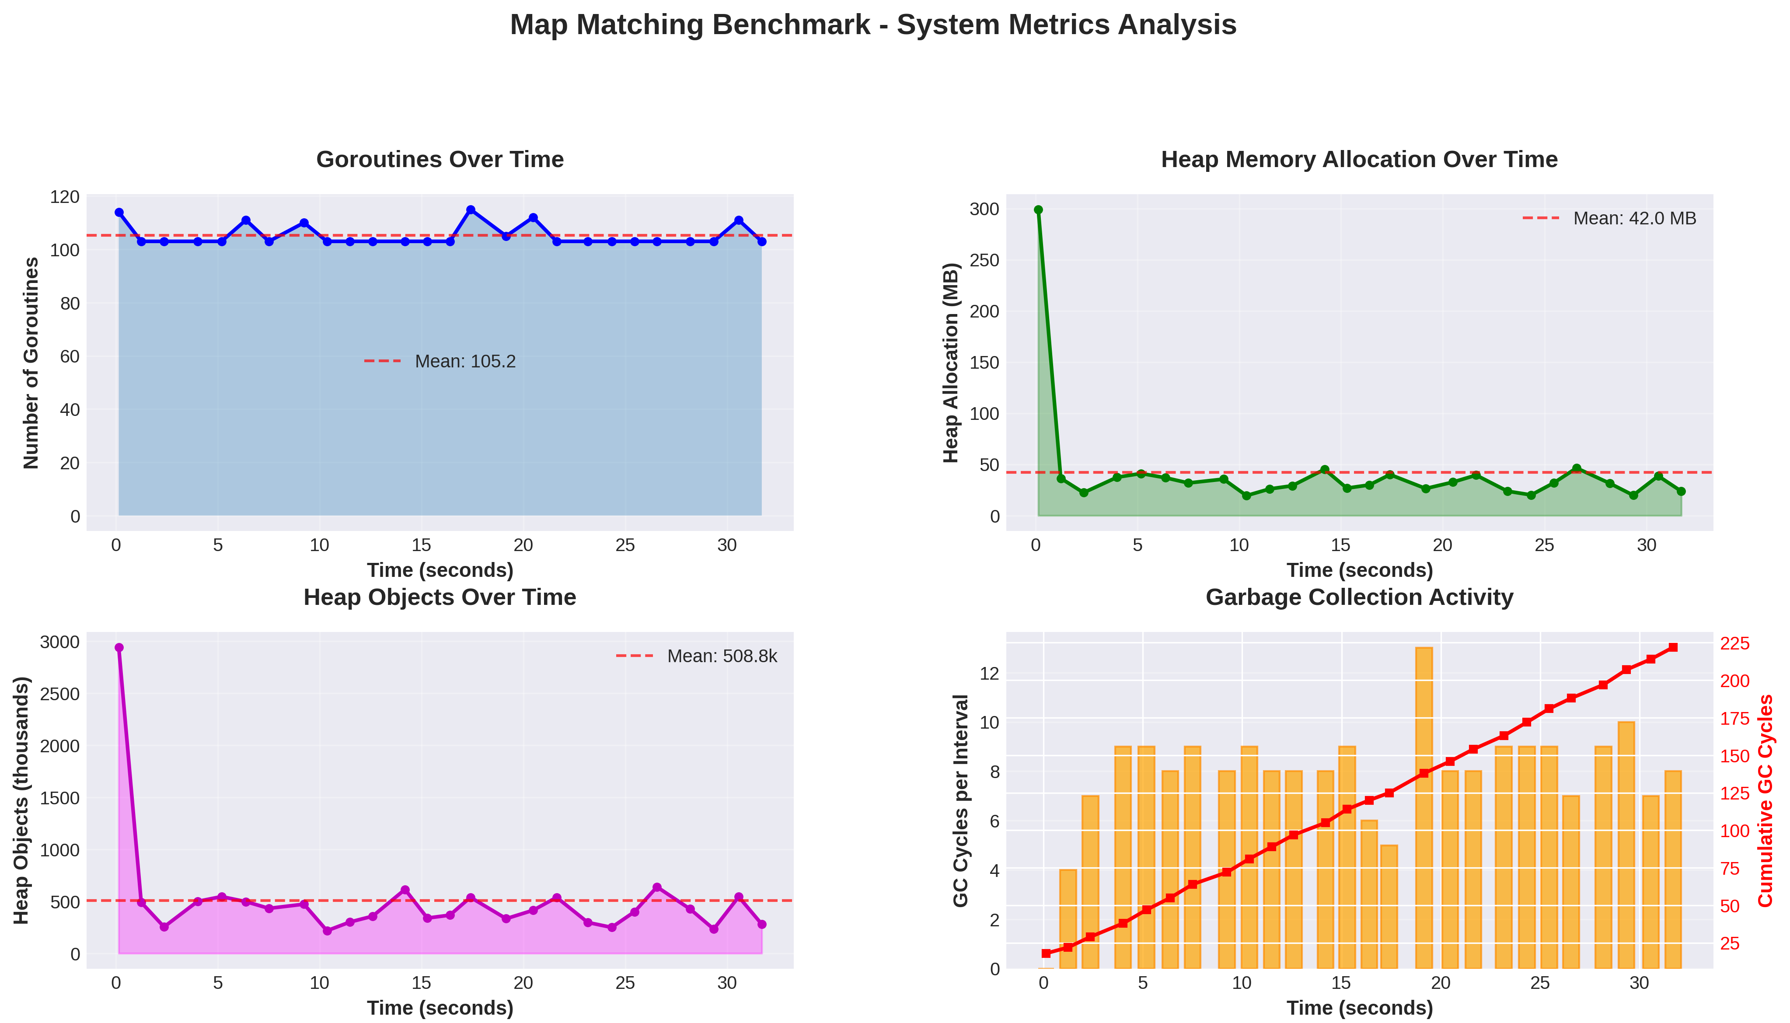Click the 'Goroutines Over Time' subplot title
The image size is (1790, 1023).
click(440, 160)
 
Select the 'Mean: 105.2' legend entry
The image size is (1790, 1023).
click(440, 361)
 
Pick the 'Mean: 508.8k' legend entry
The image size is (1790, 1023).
click(697, 656)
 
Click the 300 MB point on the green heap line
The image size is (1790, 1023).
click(1038, 209)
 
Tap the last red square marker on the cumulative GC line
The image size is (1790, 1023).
click(1673, 647)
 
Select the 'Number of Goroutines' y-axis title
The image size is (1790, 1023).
click(31, 363)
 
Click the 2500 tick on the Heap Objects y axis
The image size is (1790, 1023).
click(60, 694)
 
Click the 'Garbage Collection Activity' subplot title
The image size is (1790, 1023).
click(1359, 597)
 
